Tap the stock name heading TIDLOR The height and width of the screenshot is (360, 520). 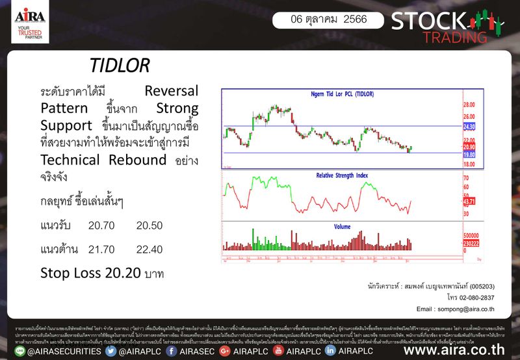point(120,66)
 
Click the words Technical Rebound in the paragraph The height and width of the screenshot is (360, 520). point(110,160)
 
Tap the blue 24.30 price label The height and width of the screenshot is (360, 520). point(470,127)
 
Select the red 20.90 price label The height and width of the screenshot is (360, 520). point(470,148)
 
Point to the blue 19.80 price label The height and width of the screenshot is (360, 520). point(470,155)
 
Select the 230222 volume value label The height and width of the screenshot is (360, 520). point(471,242)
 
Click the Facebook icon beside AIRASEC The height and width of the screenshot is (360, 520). point(172,351)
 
